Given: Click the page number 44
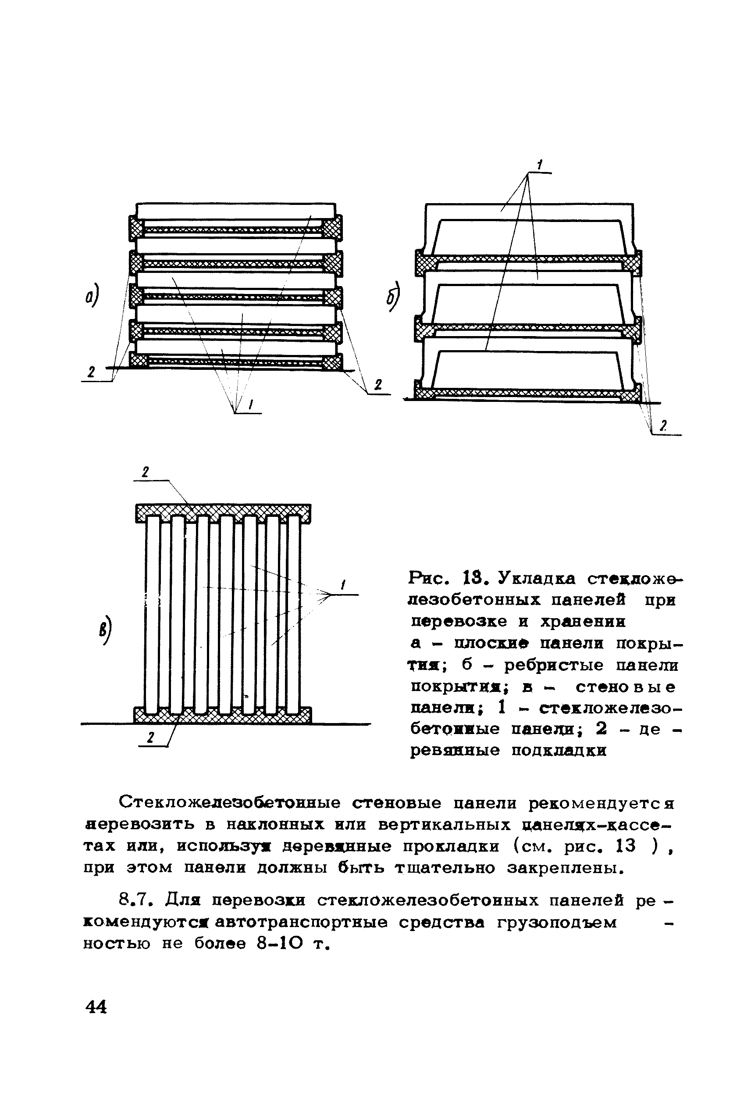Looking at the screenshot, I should (96, 1007).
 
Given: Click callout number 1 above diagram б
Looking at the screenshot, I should (539, 165).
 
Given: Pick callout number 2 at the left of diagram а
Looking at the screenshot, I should (91, 372).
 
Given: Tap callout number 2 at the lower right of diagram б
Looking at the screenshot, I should (663, 426).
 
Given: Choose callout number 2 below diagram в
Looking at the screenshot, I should (150, 738).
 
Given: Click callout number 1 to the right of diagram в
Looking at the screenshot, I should (343, 585).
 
